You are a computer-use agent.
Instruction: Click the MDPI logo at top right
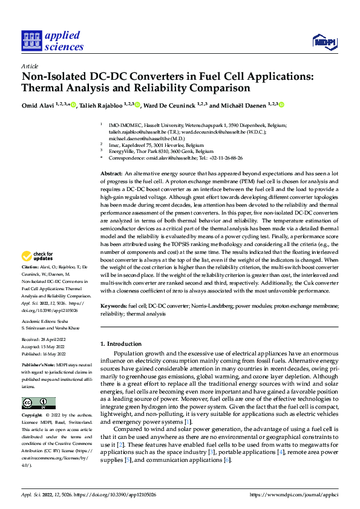point(324,41)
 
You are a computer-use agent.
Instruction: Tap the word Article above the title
point(30,66)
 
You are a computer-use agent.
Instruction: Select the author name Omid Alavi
point(36,105)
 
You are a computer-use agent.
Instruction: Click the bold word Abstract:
point(111,173)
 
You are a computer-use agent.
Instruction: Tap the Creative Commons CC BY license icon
point(38,403)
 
